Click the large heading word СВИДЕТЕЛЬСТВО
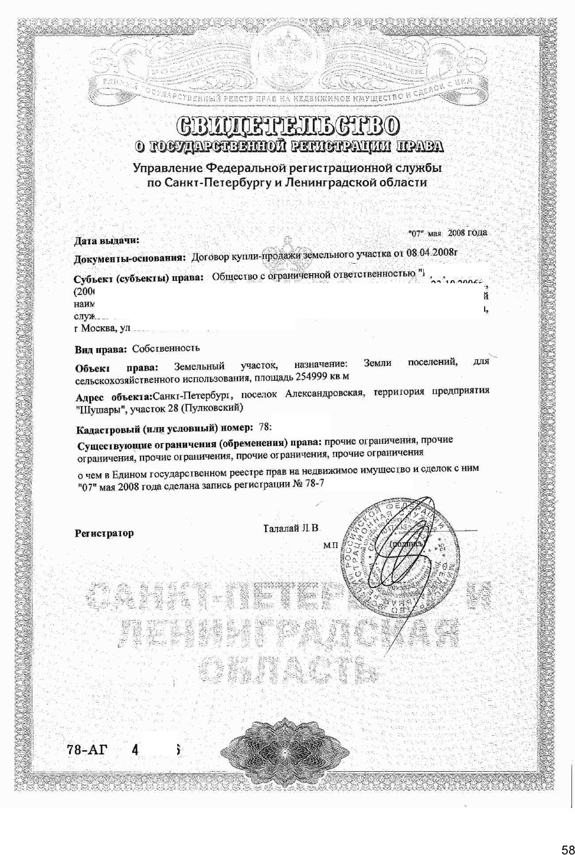[287, 126]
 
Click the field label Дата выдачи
[107, 241]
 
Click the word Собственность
[166, 348]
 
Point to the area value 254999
[315, 376]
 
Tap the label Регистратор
[104, 533]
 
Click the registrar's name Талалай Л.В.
[291, 528]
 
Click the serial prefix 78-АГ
[87, 750]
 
